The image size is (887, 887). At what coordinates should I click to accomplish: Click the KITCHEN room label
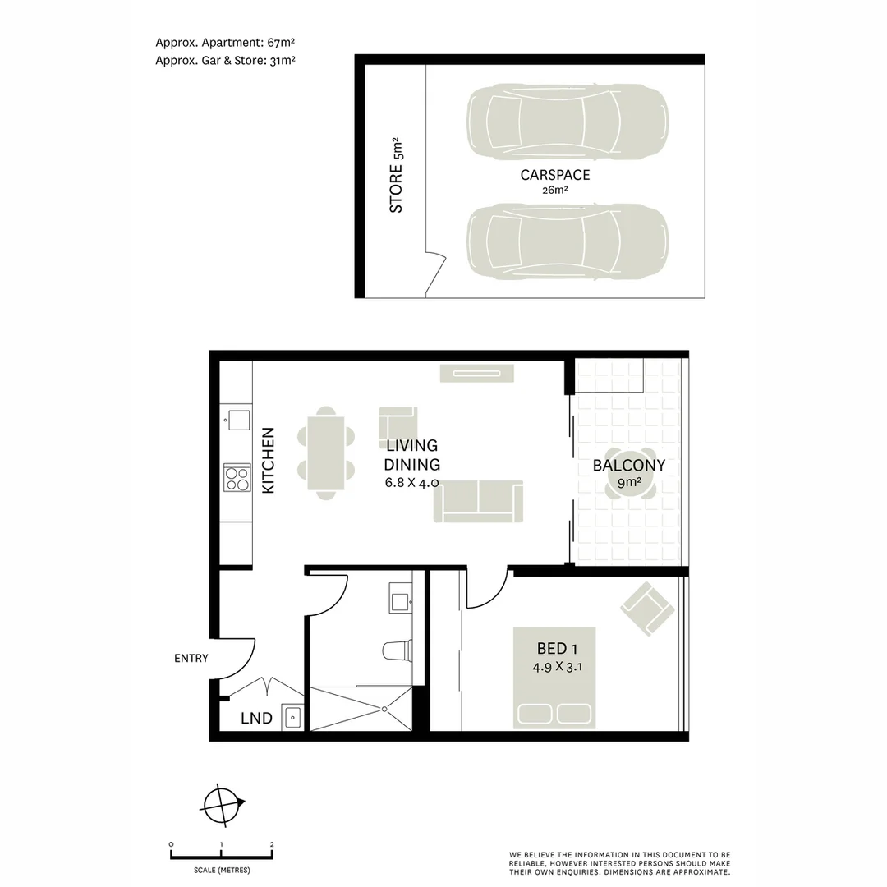268,461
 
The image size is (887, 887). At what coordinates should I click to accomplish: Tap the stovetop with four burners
237,478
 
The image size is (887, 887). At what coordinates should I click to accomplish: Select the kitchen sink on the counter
239,421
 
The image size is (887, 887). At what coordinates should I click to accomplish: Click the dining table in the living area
326,453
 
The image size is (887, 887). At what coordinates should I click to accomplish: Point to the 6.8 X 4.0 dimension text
412,483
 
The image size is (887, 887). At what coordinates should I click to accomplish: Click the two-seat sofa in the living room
478,501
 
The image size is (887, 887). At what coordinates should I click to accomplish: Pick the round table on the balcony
630,474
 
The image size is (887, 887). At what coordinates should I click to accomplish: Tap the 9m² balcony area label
629,484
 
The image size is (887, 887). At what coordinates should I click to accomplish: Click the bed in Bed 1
555,678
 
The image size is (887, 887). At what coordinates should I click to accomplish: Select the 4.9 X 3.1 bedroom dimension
558,667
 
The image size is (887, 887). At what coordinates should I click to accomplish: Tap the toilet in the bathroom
398,650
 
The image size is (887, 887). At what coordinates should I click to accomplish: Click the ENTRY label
191,659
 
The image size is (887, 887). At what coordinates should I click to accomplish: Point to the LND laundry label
256,719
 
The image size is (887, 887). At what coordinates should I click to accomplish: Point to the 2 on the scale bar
271,844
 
